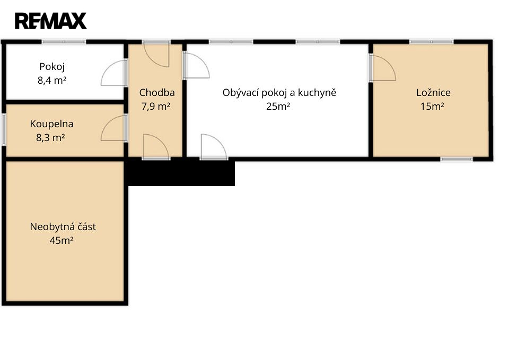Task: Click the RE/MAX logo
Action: [x=51, y=21]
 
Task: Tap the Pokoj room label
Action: [x=52, y=67]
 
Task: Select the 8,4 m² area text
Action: [x=52, y=80]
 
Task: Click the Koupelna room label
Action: [x=51, y=124]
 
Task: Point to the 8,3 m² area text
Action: [x=51, y=138]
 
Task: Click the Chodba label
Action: [x=157, y=92]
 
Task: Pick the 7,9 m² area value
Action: [x=156, y=106]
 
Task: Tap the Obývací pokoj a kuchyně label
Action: [x=279, y=93]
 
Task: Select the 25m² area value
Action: [x=278, y=106]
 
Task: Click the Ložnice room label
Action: [x=433, y=92]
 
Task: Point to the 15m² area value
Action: [x=432, y=106]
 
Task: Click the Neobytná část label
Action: [x=63, y=226]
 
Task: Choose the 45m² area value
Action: [x=62, y=241]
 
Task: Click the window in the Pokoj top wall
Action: [x=64, y=41]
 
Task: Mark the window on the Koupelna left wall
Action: [x=4, y=129]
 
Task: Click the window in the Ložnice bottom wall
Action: [x=457, y=159]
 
